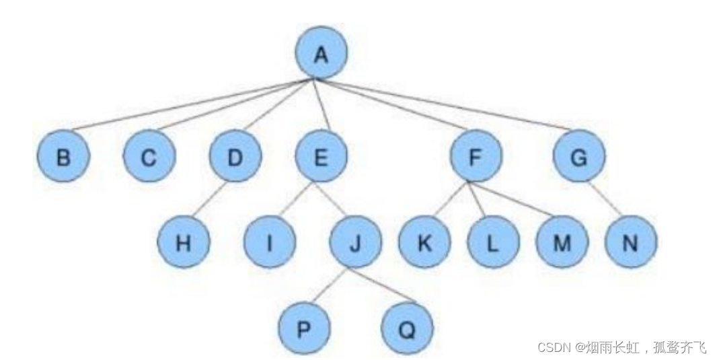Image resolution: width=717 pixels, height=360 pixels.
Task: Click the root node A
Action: [322, 53]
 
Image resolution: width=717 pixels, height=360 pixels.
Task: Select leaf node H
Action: [183, 242]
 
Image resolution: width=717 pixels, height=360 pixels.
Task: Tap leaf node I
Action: [269, 242]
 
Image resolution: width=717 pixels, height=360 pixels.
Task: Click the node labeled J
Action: [355, 242]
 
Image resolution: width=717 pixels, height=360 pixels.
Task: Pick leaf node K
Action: [424, 242]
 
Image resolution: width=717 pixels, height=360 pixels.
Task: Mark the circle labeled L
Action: [493, 242]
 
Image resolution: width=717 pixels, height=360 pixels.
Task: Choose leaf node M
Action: [562, 242]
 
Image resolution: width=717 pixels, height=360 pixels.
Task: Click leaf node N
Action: [630, 242]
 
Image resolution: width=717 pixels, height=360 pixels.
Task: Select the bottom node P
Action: [304, 328]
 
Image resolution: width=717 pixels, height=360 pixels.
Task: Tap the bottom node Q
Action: [406, 328]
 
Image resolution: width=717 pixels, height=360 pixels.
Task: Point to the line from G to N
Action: [603, 199]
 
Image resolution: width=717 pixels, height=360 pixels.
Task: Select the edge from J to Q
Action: [381, 285]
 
